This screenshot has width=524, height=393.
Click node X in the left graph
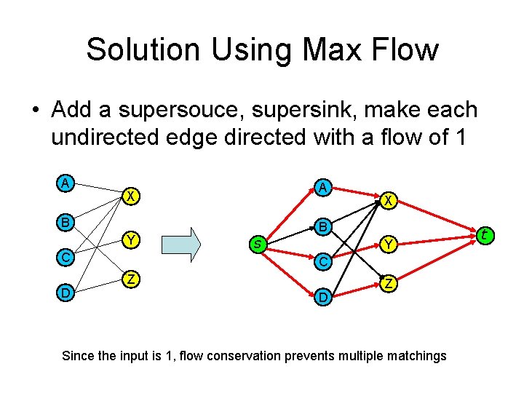(x=130, y=196)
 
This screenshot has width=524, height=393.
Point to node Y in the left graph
(x=130, y=239)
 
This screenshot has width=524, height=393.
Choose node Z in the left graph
(x=130, y=279)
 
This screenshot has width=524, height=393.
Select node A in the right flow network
(x=322, y=188)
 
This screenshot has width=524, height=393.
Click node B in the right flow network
(x=322, y=227)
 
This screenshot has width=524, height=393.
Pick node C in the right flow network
(x=322, y=261)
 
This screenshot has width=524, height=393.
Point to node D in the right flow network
(x=322, y=297)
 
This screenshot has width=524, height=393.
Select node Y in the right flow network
(x=389, y=245)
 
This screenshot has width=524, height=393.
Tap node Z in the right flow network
(x=389, y=284)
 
